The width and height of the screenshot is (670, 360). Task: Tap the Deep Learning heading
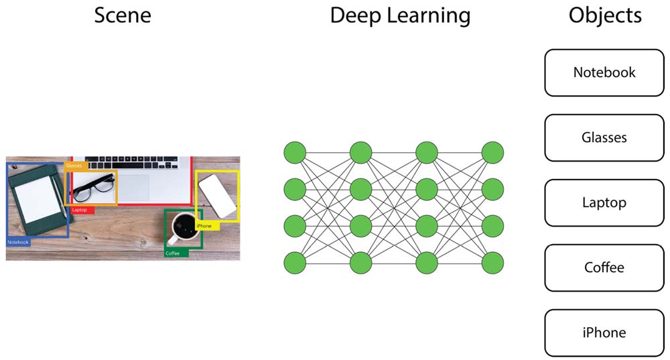400,15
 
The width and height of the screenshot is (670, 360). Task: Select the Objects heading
605,15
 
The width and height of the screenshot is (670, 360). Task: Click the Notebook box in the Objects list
604,72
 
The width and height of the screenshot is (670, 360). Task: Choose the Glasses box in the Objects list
604,137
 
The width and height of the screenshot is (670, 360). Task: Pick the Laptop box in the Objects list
604,202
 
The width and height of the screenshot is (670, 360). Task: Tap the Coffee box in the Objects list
604,267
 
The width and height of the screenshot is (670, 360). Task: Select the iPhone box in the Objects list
604,333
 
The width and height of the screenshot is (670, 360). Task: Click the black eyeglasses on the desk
93,187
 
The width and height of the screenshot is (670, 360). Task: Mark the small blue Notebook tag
19,242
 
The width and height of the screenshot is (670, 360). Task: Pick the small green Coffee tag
174,253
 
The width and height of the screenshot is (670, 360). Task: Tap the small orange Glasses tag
74,165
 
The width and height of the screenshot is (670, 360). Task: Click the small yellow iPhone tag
206,226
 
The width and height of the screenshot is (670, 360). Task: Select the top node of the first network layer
294,152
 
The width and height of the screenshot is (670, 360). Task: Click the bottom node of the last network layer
492,262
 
